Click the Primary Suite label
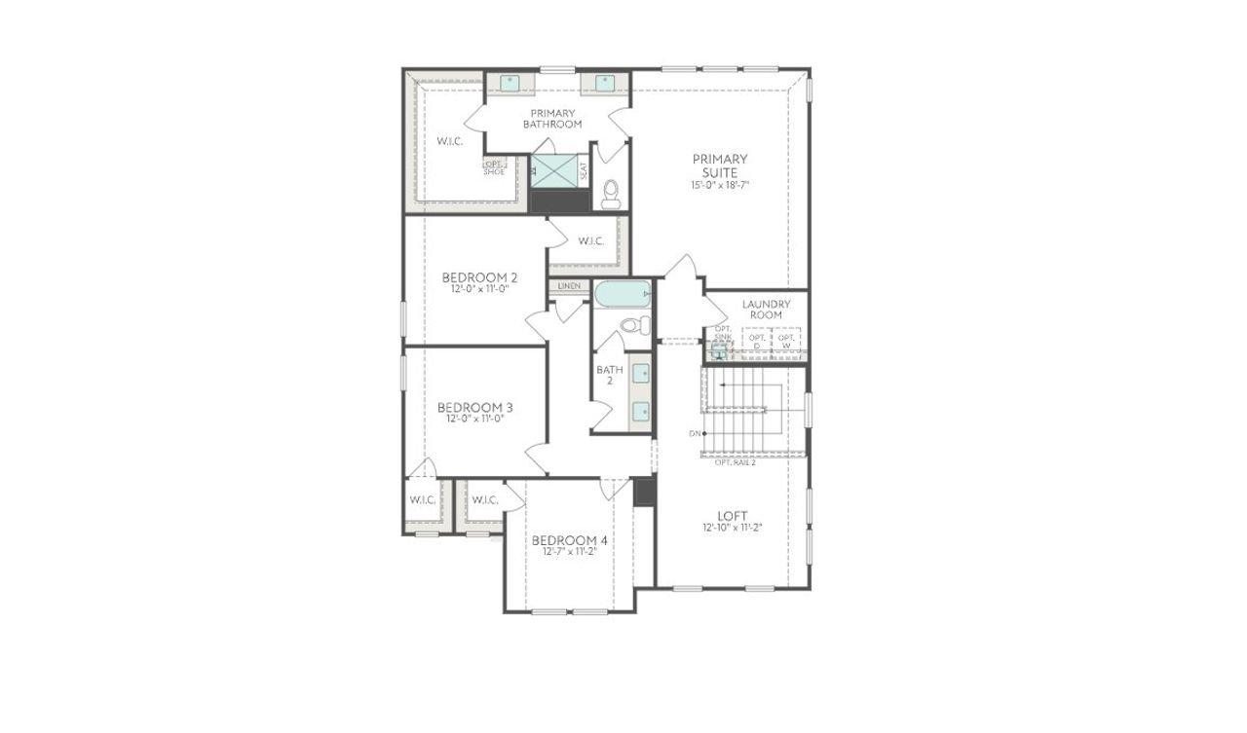pos(720,165)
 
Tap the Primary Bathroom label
pos(552,119)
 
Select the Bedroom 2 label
pos(478,277)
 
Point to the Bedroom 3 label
pos(474,407)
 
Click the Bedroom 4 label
pos(569,540)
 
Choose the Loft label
pos(732,516)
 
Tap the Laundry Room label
pos(767,309)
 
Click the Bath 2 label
pos(610,375)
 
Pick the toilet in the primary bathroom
pos(611,193)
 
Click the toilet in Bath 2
pos(634,325)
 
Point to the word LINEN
pos(569,286)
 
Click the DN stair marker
pos(695,433)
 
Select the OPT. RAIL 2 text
pos(736,462)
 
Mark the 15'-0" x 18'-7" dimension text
pos(720,184)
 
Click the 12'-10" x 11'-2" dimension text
pos(732,528)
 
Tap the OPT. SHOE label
pos(494,167)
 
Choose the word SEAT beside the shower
pos(584,171)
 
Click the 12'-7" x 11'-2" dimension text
pos(569,552)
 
